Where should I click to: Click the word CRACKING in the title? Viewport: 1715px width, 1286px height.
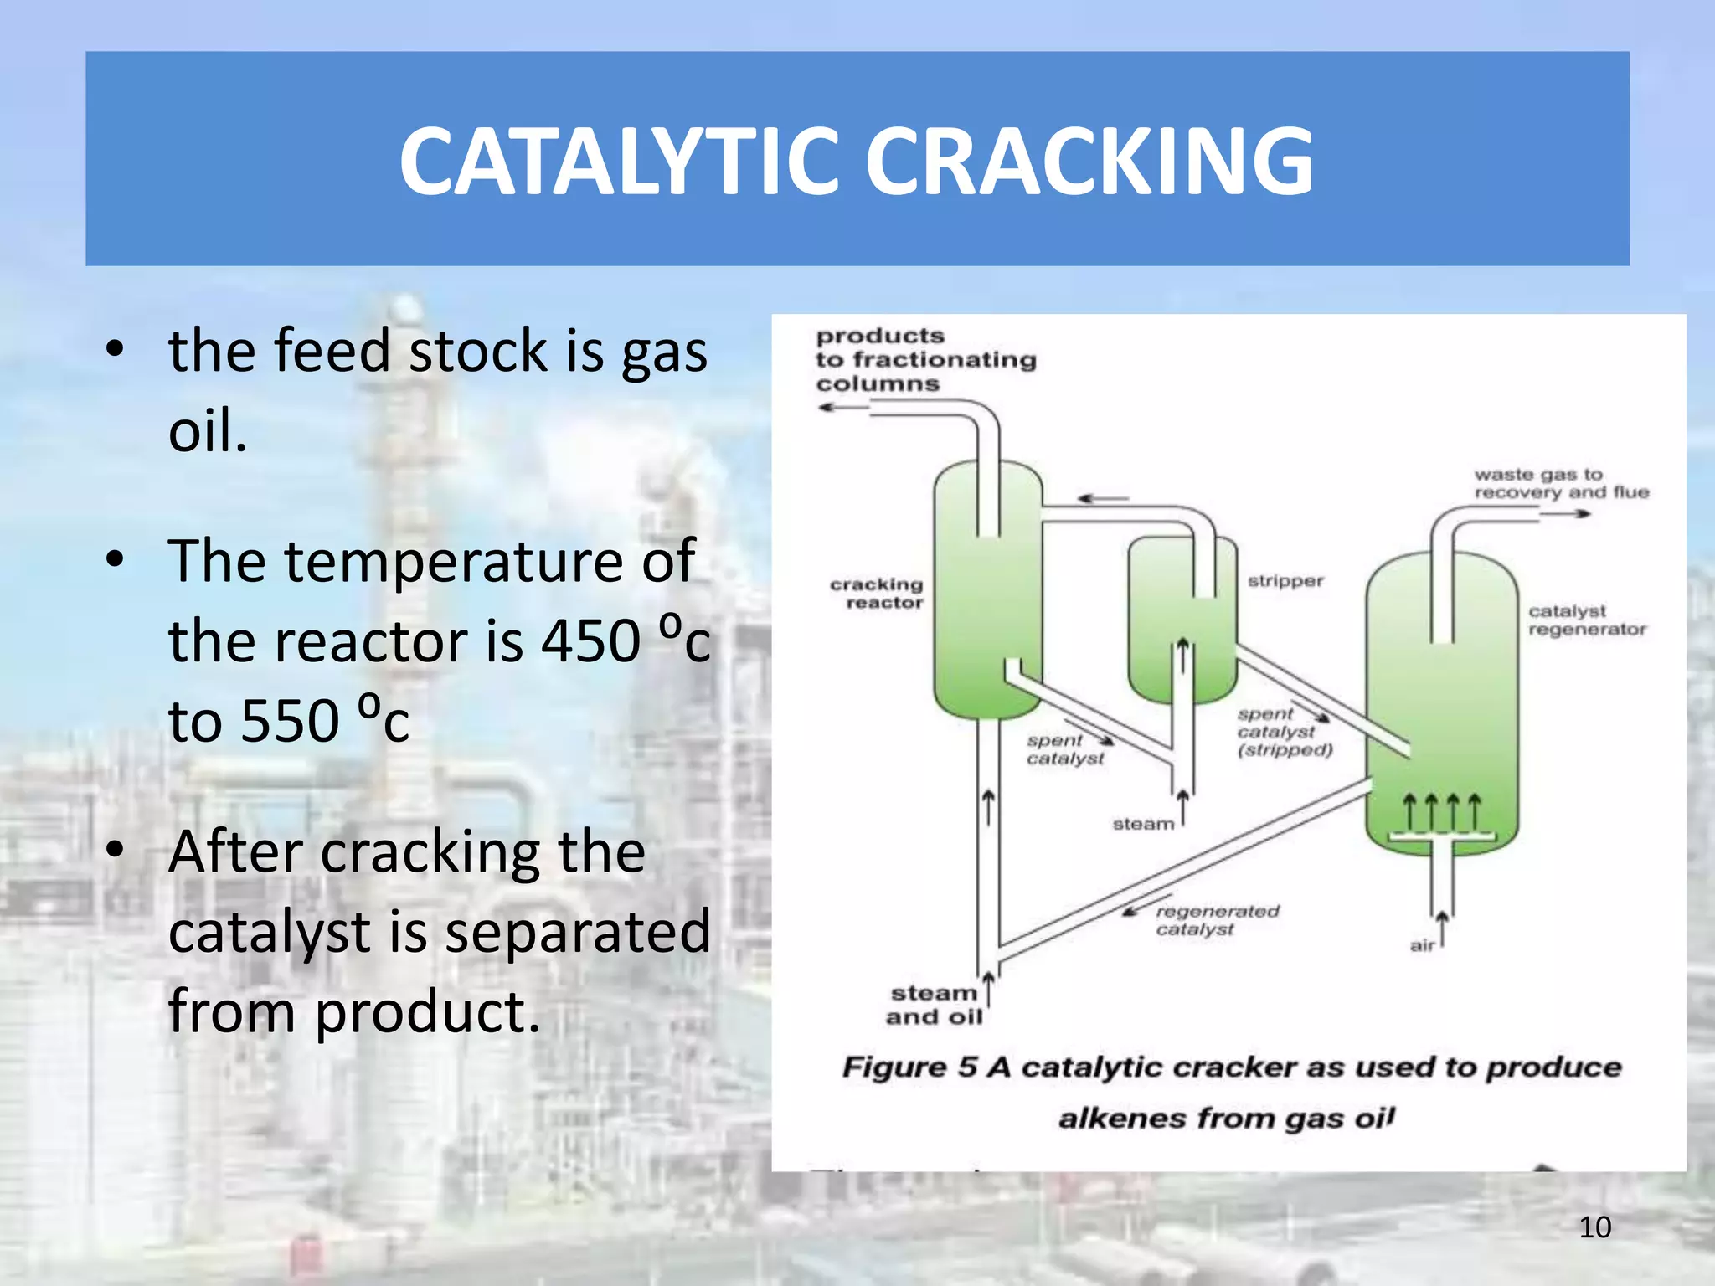1089,161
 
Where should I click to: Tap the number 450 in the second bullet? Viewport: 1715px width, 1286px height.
591,642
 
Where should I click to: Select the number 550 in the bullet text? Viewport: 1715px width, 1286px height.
289,721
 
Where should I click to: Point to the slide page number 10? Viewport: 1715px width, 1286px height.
1594,1227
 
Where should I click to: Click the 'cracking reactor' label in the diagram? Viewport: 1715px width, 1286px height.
878,593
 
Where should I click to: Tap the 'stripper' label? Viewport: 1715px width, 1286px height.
1285,581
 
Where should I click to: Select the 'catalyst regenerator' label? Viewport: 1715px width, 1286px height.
1586,620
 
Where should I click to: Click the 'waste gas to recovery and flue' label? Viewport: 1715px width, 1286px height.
1560,483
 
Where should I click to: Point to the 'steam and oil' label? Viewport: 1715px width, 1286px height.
934,1005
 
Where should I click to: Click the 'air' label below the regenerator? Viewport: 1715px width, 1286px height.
1422,946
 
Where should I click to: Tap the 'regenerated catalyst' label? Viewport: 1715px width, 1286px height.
1216,919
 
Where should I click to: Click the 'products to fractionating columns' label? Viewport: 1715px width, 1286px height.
924,360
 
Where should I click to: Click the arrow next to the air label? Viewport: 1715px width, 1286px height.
1442,928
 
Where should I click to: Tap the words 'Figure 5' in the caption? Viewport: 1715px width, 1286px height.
909,1067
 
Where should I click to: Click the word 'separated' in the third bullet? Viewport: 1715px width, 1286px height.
578,932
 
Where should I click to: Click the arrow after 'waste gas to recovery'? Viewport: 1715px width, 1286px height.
1566,513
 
